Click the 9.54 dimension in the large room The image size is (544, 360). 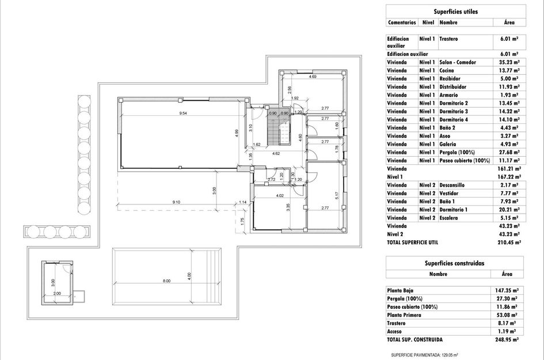tap(183, 113)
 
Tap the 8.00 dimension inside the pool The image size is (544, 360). tap(167, 281)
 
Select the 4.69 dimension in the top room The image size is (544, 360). tap(312, 77)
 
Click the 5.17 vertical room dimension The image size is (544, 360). tap(337, 196)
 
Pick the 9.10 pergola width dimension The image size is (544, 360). tap(176, 202)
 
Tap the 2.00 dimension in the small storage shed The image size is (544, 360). tap(57, 293)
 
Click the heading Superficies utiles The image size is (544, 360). tap(455, 12)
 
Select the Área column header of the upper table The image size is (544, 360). tap(509, 22)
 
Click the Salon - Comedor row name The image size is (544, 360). tap(458, 62)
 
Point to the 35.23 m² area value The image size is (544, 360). tap(509, 62)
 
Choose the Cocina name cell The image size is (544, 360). tap(447, 70)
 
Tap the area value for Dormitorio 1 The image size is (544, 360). tap(509, 210)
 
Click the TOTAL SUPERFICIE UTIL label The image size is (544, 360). tap(413, 242)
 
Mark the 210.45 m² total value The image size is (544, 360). tap(509, 242)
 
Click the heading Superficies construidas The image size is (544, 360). tap(455, 263)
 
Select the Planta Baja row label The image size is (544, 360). tap(400, 290)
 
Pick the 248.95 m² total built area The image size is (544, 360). tap(507, 340)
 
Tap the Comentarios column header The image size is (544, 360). tap(402, 22)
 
